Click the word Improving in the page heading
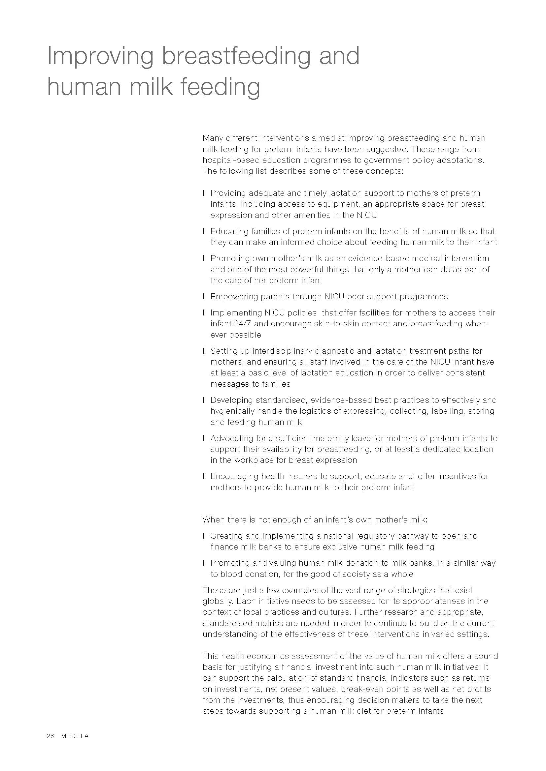(100, 56)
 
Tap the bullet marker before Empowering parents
(204, 297)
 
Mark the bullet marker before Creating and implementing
(204, 536)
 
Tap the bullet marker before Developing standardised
(204, 400)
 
